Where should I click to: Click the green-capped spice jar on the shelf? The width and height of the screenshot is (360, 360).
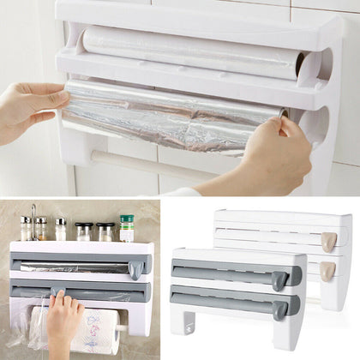(x=127, y=228)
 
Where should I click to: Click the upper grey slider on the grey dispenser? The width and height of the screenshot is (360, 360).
(x=280, y=279)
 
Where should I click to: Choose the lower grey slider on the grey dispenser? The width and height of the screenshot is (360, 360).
(x=279, y=306)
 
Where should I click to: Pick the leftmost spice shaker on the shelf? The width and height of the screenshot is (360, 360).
(x=26, y=226)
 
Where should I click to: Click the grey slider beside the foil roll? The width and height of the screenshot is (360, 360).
(x=135, y=269)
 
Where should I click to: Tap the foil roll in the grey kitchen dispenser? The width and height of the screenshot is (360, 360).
(x=73, y=267)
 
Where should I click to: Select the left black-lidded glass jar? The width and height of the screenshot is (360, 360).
(x=84, y=231)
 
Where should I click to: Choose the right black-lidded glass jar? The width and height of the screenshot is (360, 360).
(x=105, y=231)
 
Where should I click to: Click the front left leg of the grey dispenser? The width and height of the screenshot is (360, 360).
(x=178, y=322)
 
